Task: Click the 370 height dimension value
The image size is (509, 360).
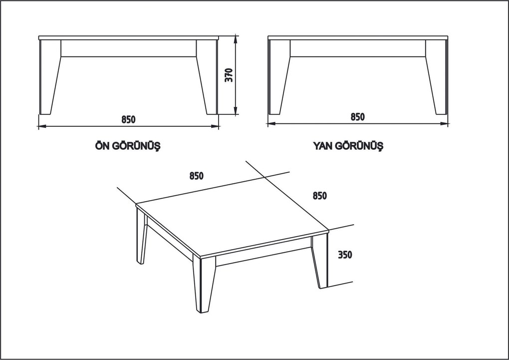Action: click(229, 74)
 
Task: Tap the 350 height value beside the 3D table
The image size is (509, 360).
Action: click(345, 254)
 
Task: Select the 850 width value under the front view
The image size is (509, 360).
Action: click(128, 119)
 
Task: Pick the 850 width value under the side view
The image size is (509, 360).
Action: click(357, 117)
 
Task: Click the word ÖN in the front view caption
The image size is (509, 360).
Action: click(102, 146)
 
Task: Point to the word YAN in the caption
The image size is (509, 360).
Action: click(322, 146)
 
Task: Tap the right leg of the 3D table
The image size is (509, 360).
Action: click(319, 262)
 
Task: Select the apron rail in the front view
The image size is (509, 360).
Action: click(128, 48)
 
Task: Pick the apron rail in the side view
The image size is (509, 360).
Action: click(357, 48)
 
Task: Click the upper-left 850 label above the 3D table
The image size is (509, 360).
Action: click(197, 176)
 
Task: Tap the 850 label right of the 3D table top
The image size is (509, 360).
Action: click(319, 196)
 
